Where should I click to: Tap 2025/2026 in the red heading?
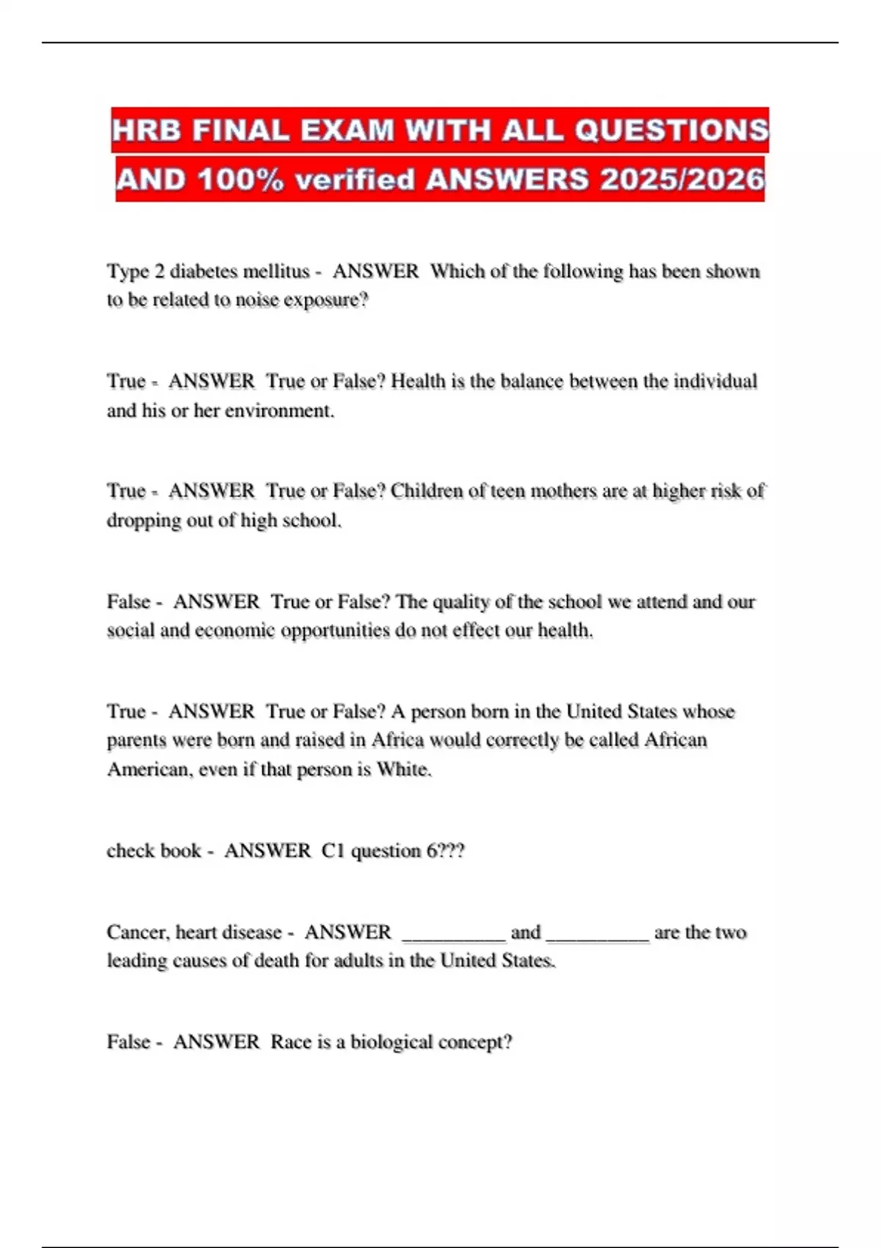coord(682,179)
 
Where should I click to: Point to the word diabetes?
coord(203,272)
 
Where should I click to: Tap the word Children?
coord(425,490)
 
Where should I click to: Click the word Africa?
coord(397,740)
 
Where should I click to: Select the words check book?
coord(153,851)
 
